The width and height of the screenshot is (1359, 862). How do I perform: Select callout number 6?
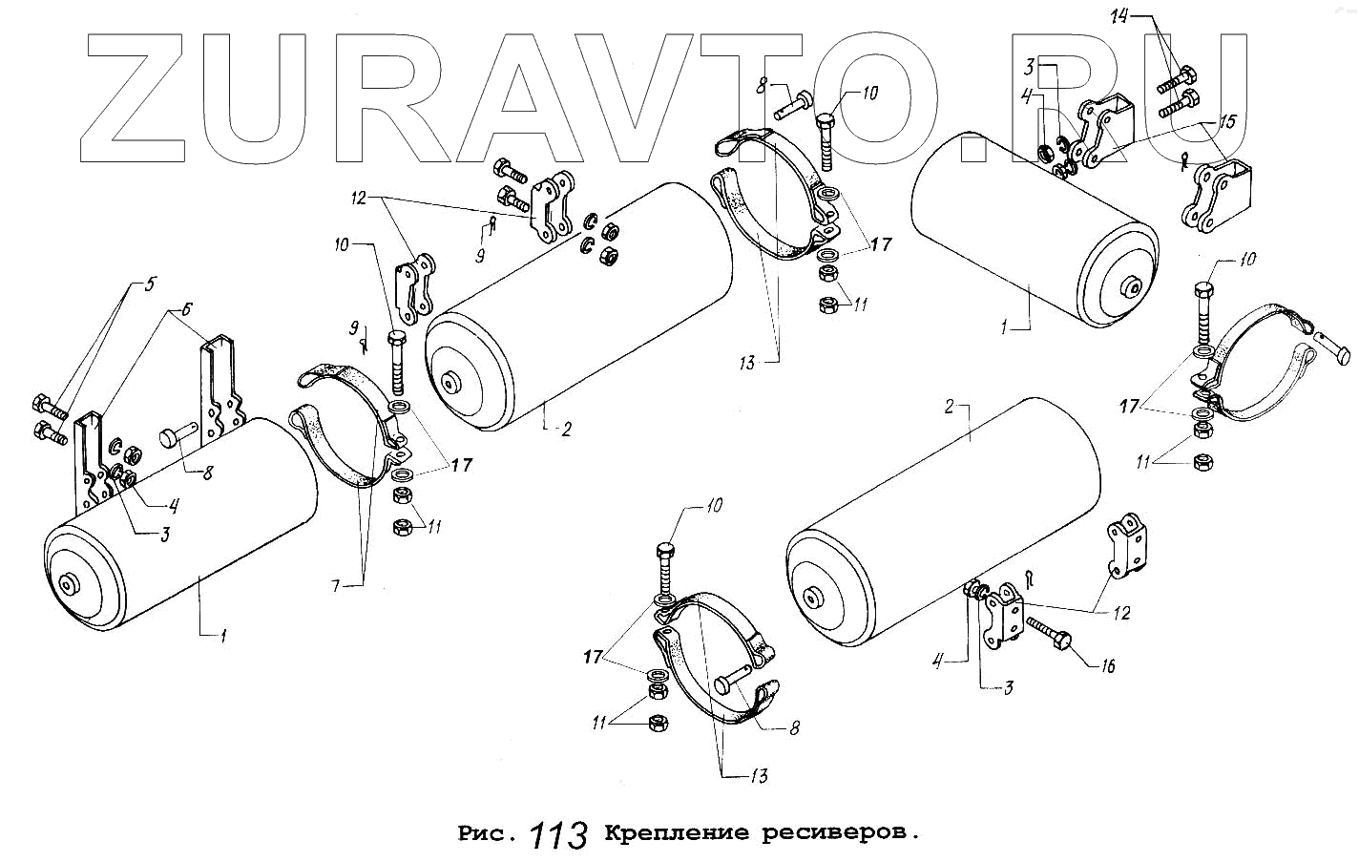tap(187, 309)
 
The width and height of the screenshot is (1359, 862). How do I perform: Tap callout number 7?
tap(335, 585)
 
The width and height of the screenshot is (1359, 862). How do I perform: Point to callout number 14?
tap(1119, 15)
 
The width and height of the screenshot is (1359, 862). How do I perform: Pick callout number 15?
tap(1226, 121)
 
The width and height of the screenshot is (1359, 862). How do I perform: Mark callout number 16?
tap(1107, 666)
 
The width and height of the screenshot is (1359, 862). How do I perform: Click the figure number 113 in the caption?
tap(556, 834)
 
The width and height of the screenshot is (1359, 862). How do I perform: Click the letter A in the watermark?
tap(529, 98)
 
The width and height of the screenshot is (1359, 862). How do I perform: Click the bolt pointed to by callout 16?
tap(1051, 636)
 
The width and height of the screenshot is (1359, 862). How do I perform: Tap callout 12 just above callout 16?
tap(1121, 613)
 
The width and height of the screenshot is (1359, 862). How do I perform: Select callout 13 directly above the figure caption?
tap(758, 776)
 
